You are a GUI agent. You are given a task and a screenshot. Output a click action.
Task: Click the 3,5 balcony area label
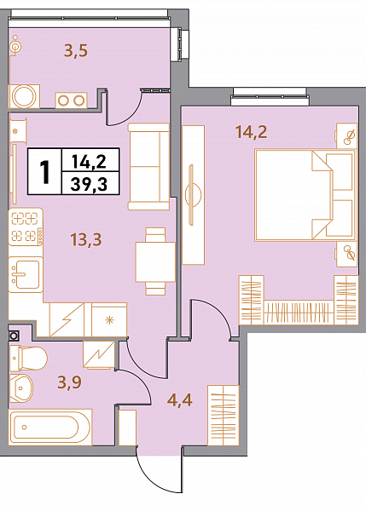[76, 51]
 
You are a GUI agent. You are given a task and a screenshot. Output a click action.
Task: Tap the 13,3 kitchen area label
[86, 239]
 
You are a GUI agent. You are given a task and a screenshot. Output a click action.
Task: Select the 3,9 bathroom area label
[70, 382]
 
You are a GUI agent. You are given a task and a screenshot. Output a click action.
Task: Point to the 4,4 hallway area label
[179, 399]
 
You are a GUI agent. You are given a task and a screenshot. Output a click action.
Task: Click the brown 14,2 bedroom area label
[251, 132]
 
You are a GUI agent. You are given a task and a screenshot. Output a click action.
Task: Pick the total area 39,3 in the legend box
[89, 185]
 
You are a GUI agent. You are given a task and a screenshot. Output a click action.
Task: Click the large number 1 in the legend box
[44, 172]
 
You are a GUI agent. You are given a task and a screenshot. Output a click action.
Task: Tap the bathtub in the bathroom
[50, 428]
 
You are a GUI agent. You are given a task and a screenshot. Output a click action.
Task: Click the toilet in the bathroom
[28, 359]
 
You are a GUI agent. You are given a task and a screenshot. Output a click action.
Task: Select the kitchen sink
[26, 274]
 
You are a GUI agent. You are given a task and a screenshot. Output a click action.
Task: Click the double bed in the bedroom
[305, 195]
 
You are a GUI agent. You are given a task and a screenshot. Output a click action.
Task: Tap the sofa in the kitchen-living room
[149, 167]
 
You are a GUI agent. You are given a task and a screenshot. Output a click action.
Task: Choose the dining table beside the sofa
[155, 261]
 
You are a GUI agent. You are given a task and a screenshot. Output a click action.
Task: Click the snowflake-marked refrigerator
[109, 319]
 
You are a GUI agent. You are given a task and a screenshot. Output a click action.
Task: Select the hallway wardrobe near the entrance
[224, 416]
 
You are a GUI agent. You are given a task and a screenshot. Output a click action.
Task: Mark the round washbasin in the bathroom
[20, 388]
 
